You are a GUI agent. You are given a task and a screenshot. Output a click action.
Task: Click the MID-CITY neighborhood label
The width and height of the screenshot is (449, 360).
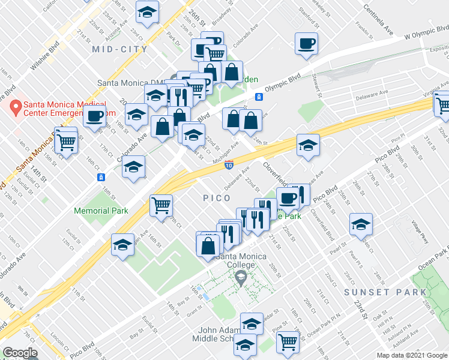click(x=120, y=49)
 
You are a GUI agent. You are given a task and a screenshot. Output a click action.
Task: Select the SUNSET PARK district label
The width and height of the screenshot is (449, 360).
click(x=385, y=292)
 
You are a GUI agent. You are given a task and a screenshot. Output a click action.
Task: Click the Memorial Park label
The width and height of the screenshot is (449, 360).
click(x=101, y=211)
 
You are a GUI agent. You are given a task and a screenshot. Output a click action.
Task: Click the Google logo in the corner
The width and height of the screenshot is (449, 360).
click(x=20, y=352)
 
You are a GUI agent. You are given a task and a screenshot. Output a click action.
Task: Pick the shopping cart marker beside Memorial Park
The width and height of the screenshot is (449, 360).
click(x=161, y=206)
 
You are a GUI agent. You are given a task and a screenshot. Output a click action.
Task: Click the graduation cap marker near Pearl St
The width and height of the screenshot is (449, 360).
click(x=361, y=225)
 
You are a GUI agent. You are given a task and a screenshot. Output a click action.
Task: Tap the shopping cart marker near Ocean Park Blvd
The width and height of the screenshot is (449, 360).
click(x=288, y=341)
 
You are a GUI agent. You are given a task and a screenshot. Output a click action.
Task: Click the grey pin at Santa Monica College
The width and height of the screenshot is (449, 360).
click(x=241, y=277)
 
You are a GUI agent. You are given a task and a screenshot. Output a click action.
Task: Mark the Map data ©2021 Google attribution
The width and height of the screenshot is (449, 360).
click(x=411, y=355)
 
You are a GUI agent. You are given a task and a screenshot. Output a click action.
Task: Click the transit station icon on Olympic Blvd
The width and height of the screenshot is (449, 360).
click(x=259, y=97)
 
